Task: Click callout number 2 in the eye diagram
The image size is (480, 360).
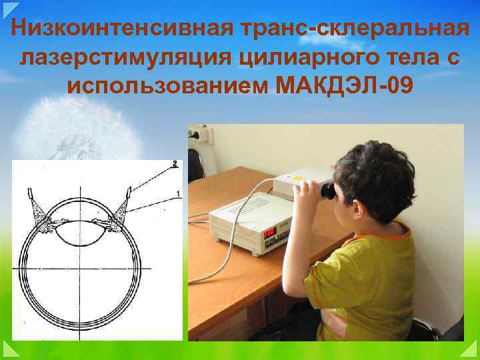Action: tap(175, 164)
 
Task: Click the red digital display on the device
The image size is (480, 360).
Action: tap(269, 233)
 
